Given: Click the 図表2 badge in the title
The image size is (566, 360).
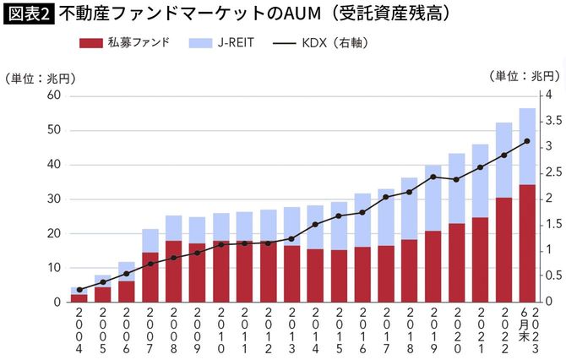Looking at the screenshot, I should click(27, 14).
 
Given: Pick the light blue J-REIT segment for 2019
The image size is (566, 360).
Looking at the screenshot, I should click(433, 198).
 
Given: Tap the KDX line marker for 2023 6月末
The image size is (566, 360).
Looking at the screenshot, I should click(527, 141).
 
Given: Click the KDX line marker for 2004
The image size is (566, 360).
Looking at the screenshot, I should click(79, 290).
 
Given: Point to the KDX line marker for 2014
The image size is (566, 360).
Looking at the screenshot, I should click(315, 224).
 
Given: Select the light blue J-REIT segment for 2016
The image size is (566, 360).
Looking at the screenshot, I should click(362, 220).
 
